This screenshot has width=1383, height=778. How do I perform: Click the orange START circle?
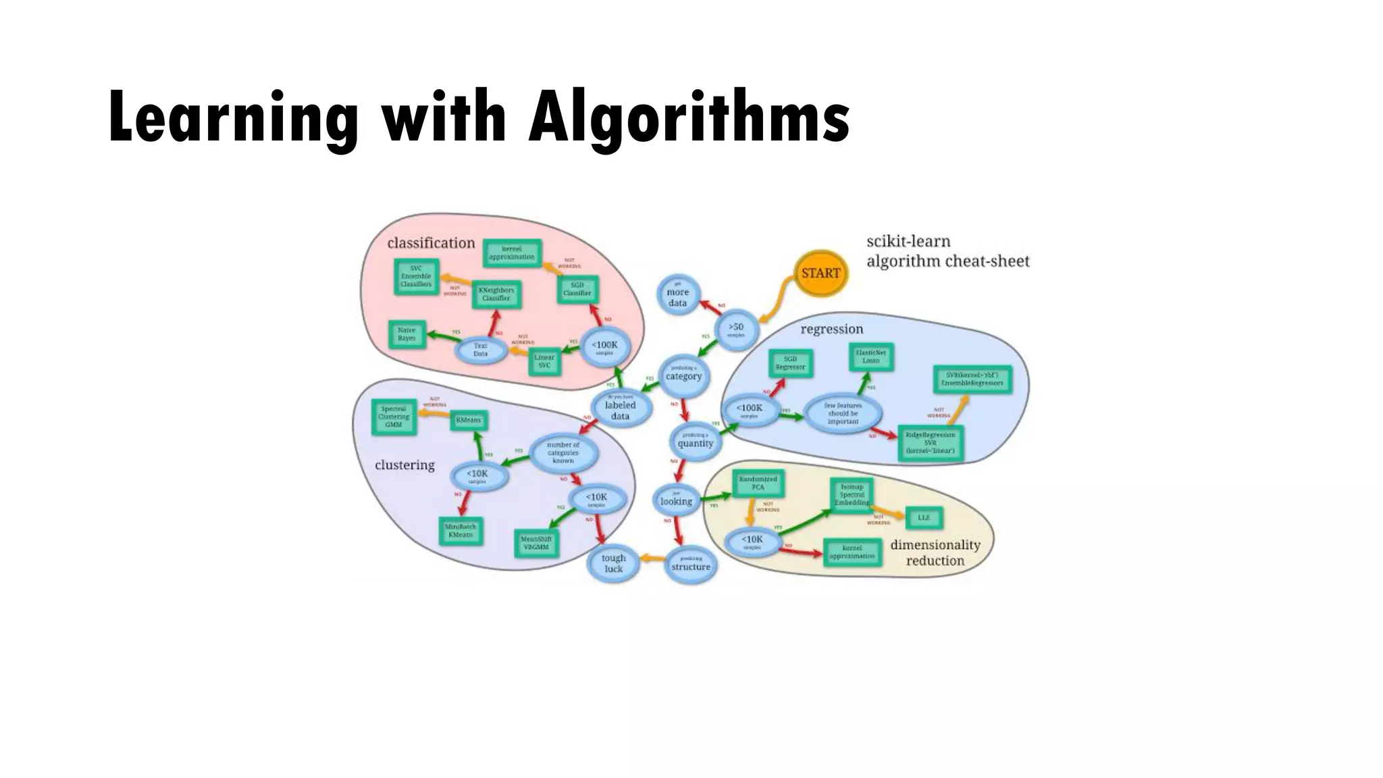[x=820, y=274]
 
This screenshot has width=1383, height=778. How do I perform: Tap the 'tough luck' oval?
[x=613, y=563]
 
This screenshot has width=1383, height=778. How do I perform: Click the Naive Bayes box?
[x=407, y=334]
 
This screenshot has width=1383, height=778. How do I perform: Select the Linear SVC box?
[x=544, y=361]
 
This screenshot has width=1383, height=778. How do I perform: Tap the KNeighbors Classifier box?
[x=496, y=294]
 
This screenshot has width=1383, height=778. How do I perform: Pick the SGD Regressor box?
[x=790, y=363]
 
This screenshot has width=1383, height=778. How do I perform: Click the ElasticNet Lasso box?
[x=871, y=357]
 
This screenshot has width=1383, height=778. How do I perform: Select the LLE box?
[x=923, y=517]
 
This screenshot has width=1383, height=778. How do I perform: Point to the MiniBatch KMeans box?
[x=461, y=530]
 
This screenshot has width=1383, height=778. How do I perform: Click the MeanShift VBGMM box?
[x=537, y=542]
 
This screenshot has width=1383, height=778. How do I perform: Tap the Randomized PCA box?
[x=758, y=483]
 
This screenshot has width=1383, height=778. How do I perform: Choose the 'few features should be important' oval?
[x=843, y=413]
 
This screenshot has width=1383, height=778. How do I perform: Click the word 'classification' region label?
[x=431, y=243]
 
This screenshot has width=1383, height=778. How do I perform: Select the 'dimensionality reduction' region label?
[x=935, y=552]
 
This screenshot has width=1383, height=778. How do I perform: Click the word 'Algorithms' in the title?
[x=689, y=118]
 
